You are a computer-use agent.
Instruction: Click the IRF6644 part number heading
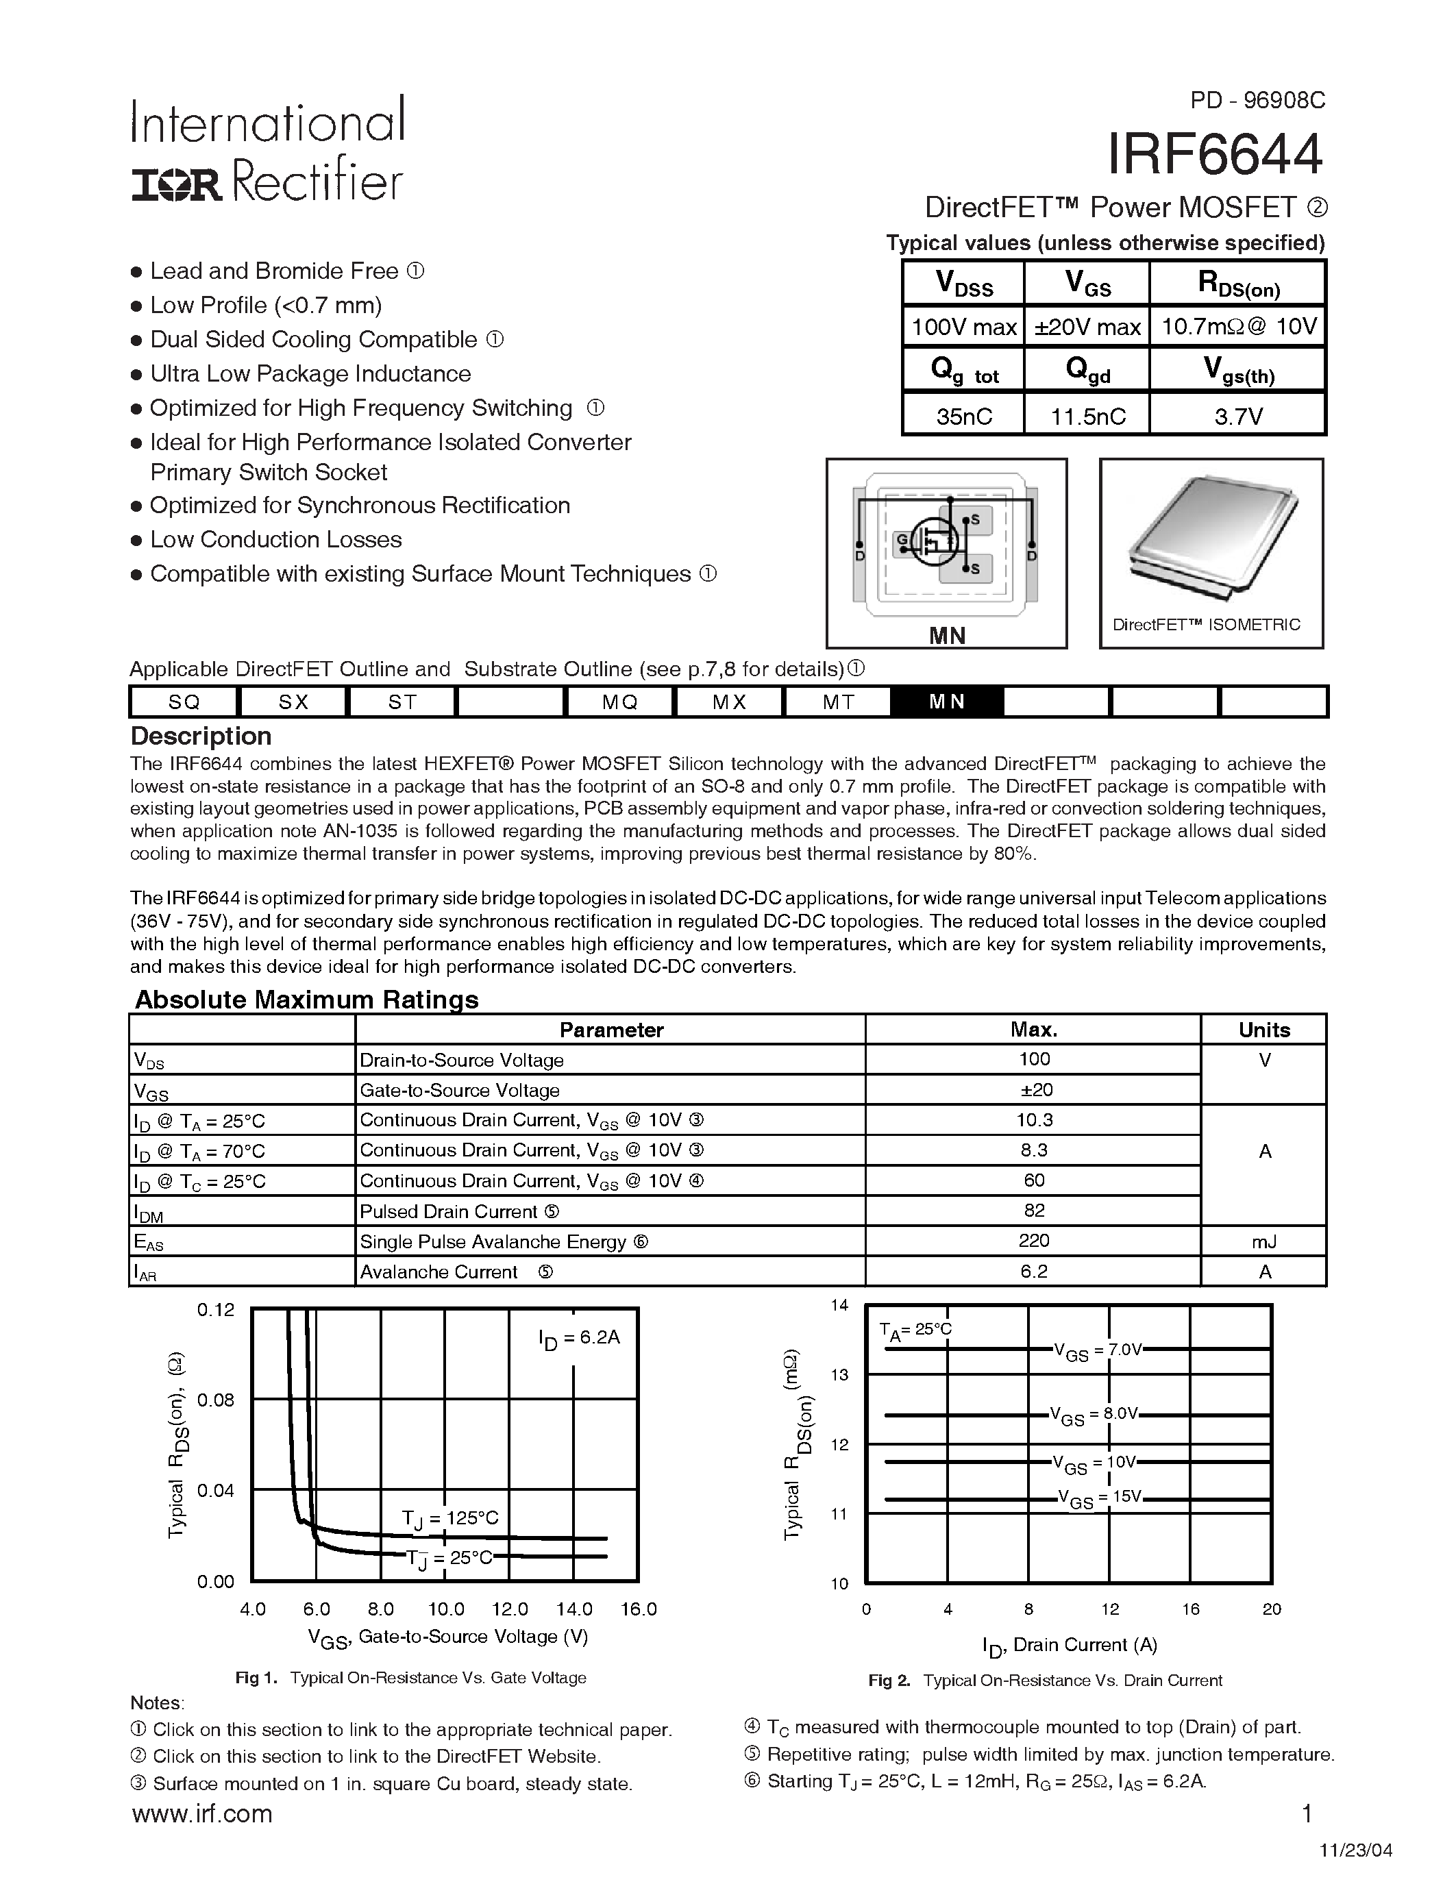(x=1215, y=156)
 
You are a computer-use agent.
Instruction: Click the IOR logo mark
(x=177, y=184)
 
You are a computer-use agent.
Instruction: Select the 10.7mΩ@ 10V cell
(x=1239, y=327)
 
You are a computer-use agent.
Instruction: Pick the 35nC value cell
(x=963, y=417)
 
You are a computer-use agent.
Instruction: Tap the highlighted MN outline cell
(x=946, y=702)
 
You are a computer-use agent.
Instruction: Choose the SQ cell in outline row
(x=184, y=702)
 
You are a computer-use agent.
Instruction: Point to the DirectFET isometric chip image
(x=1211, y=535)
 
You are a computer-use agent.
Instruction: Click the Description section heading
(x=200, y=736)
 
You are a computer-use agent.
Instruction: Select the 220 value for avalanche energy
(x=1033, y=1241)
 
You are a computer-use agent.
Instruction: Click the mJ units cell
(x=1263, y=1241)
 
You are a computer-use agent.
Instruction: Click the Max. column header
(x=1033, y=1029)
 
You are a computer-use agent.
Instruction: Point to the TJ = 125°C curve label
(x=450, y=1517)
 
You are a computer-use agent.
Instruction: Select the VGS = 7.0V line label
(x=1097, y=1350)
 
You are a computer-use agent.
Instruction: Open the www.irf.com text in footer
(x=202, y=1814)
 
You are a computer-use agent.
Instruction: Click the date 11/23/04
(x=1368, y=1851)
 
